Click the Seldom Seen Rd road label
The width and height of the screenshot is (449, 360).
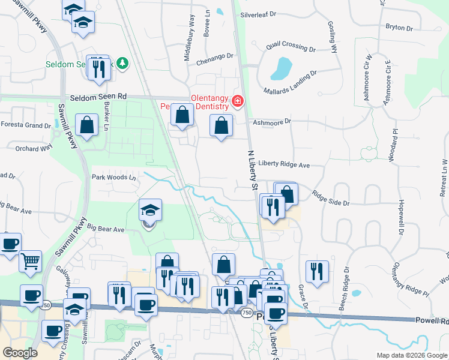tap(98, 96)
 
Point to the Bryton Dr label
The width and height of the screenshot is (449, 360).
tap(399, 28)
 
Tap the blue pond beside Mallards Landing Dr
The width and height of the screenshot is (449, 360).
tap(280, 69)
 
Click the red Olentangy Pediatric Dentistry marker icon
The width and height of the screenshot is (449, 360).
tap(238, 100)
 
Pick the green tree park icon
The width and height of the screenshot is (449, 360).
tap(122, 62)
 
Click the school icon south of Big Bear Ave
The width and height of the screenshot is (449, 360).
tap(150, 210)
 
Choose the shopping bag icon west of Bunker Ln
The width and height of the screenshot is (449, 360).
tap(87, 125)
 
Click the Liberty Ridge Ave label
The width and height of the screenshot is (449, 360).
tap(284, 164)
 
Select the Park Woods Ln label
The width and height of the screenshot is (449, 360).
tap(113, 178)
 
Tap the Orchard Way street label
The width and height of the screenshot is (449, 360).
tap(31, 148)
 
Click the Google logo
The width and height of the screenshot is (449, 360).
tap(20, 353)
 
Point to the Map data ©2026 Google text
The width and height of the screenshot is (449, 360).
tap(411, 355)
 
